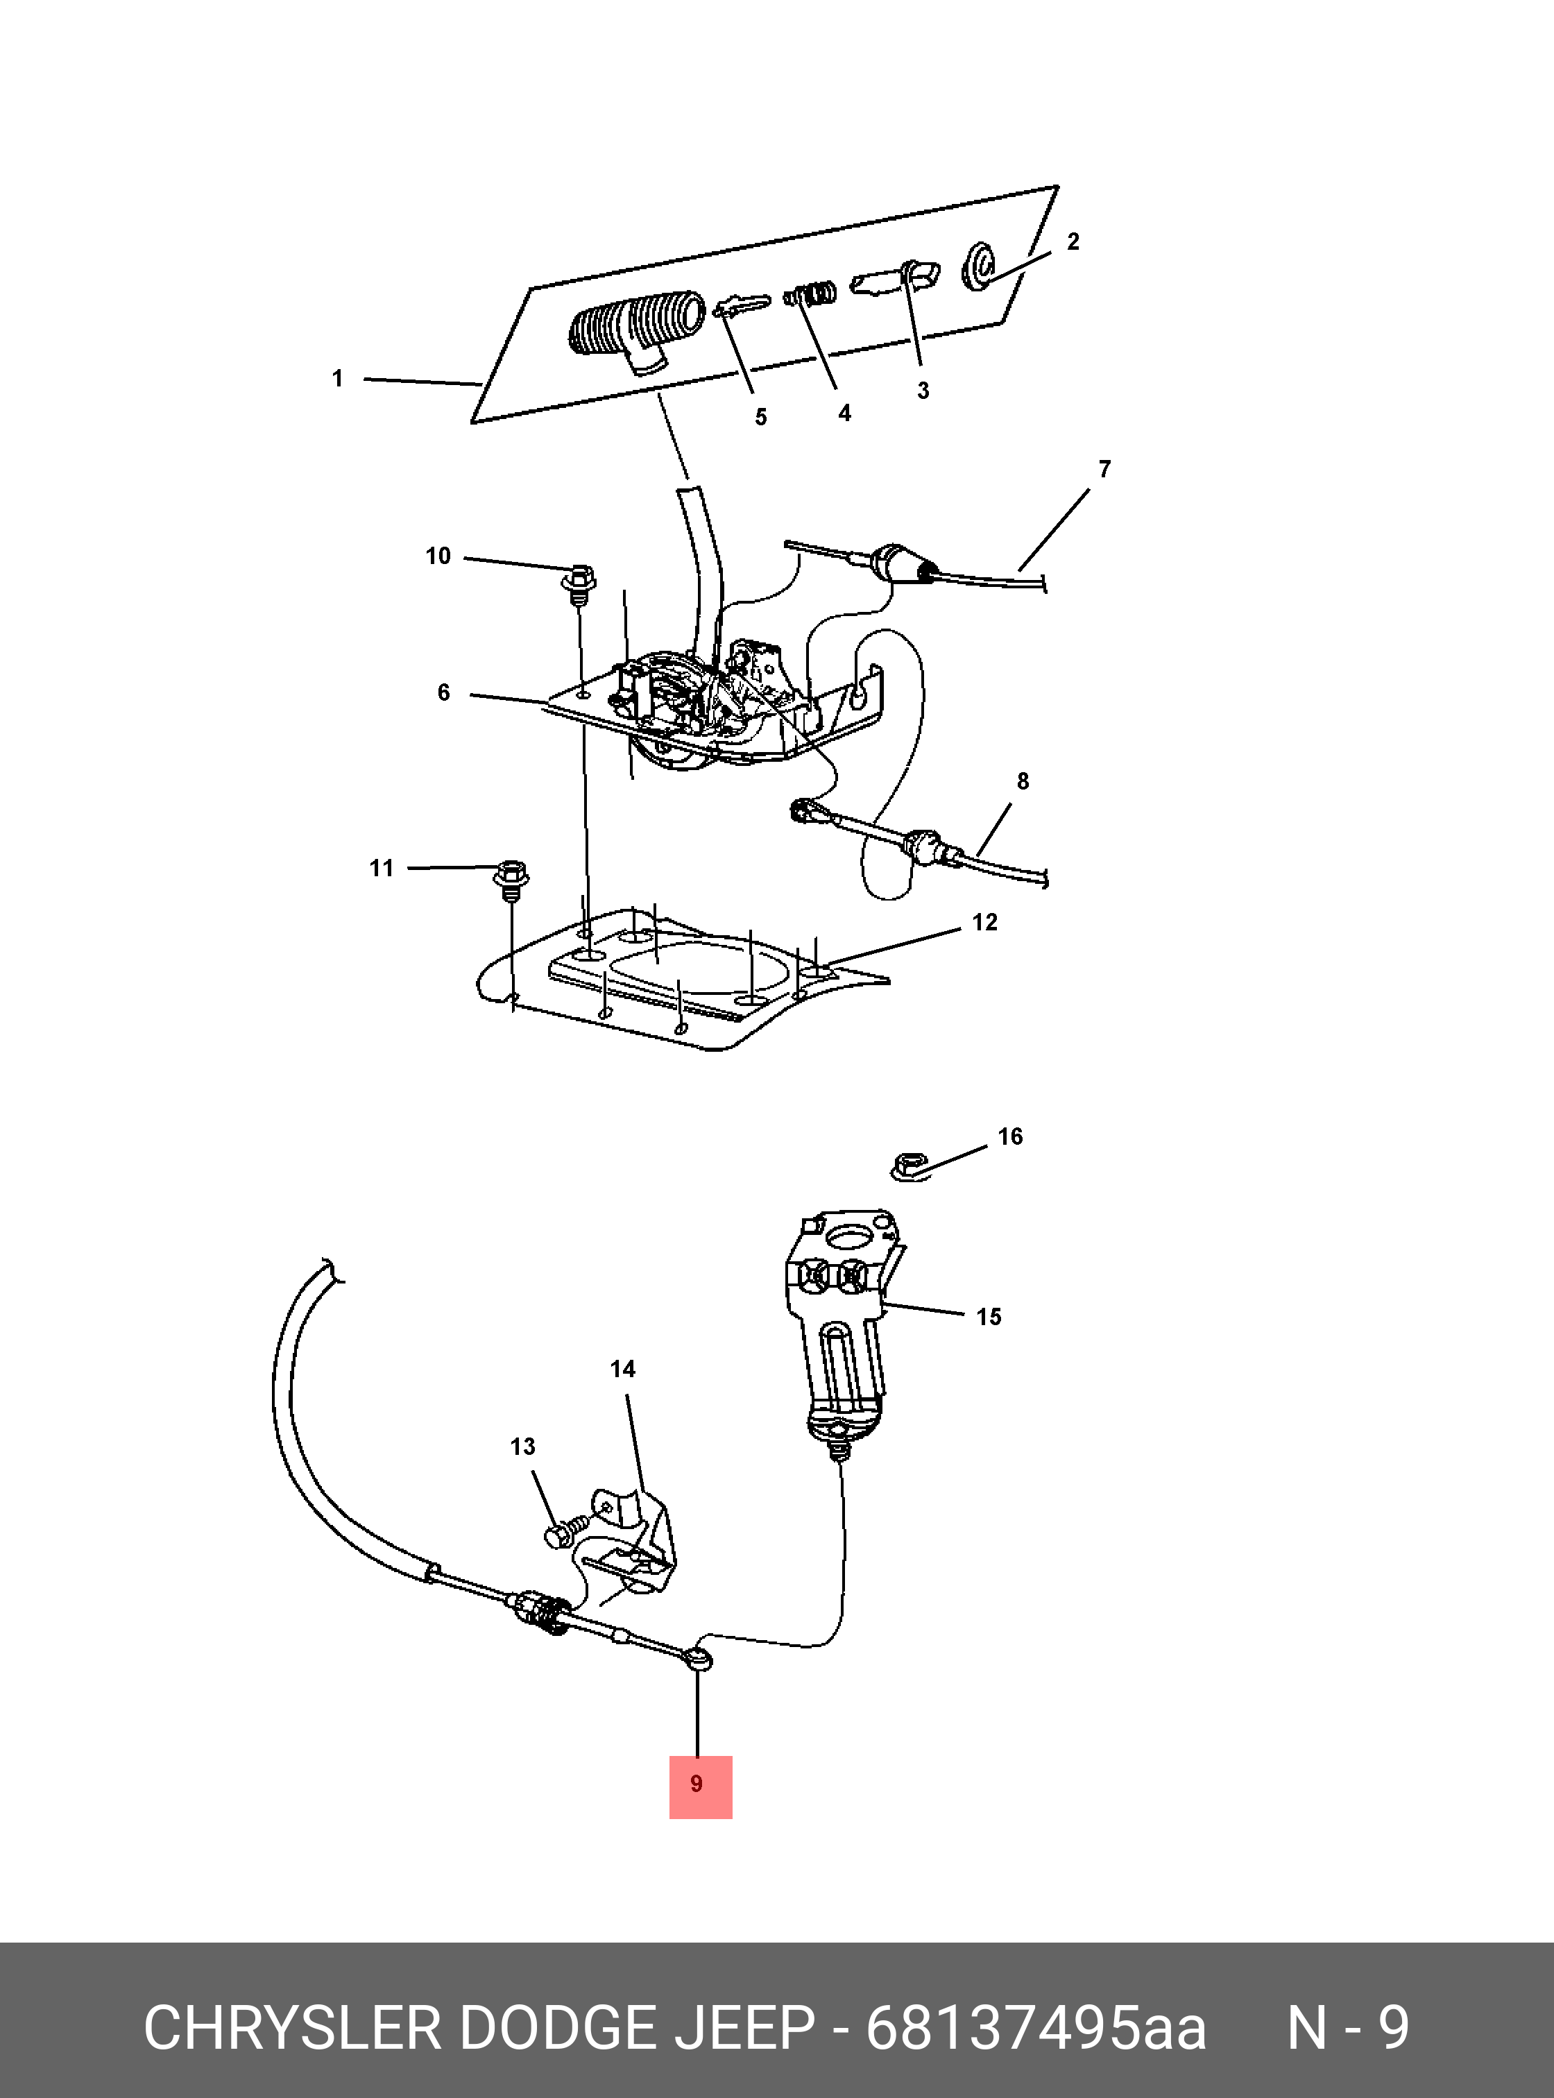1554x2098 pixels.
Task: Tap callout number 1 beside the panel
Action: point(338,378)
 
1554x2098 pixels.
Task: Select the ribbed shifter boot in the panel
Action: point(636,331)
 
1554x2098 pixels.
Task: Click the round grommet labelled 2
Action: point(980,266)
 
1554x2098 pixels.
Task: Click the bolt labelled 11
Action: point(511,880)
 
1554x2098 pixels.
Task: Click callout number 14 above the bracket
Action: point(623,1369)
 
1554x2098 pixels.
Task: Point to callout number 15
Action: point(989,1316)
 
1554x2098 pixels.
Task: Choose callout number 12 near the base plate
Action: point(985,922)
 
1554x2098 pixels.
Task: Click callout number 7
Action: point(1104,468)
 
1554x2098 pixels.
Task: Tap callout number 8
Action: point(1023,781)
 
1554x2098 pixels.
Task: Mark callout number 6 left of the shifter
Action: point(444,692)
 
